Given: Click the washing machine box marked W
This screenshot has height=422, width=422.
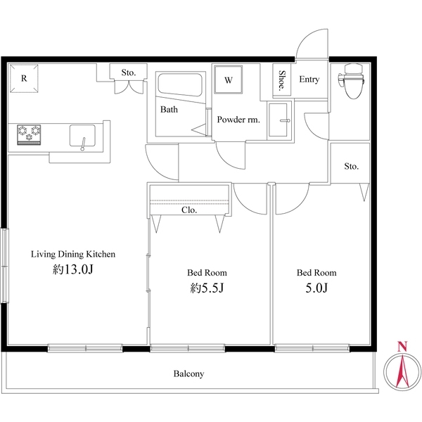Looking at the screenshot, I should pyautogui.click(x=229, y=80).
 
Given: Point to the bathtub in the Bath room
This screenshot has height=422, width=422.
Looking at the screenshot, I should pyautogui.click(x=179, y=87).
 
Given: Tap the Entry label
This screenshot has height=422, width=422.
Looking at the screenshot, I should pyautogui.click(x=309, y=79).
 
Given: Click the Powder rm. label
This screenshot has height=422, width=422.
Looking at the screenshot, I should pyautogui.click(x=238, y=120).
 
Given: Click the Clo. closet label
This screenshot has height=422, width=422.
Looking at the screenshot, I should pyautogui.click(x=189, y=210).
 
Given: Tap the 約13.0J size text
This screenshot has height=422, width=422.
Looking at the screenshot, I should pyautogui.click(x=72, y=270).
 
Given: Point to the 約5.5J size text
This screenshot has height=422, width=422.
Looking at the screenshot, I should pyautogui.click(x=206, y=288).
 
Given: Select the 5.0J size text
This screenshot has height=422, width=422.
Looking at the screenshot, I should pyautogui.click(x=316, y=288).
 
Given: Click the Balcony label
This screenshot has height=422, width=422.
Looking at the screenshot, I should pyautogui.click(x=188, y=374).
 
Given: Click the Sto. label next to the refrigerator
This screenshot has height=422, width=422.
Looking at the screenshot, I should pyautogui.click(x=128, y=72).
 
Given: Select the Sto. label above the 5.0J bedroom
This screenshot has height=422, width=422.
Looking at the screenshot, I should pyautogui.click(x=351, y=167).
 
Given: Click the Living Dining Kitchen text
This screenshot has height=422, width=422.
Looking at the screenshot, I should pyautogui.click(x=72, y=254).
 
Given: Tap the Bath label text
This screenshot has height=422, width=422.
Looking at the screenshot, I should pyautogui.click(x=169, y=110).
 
